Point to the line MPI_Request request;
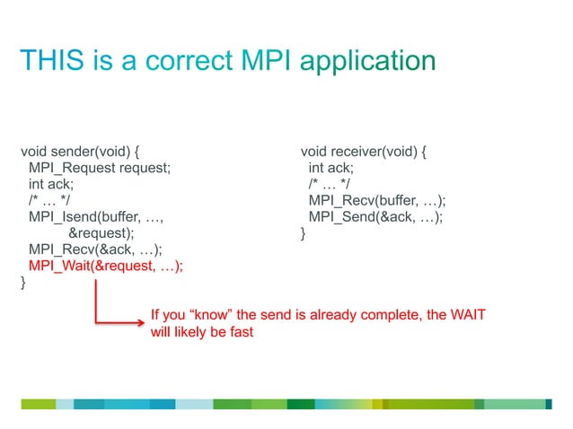point(99,167)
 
